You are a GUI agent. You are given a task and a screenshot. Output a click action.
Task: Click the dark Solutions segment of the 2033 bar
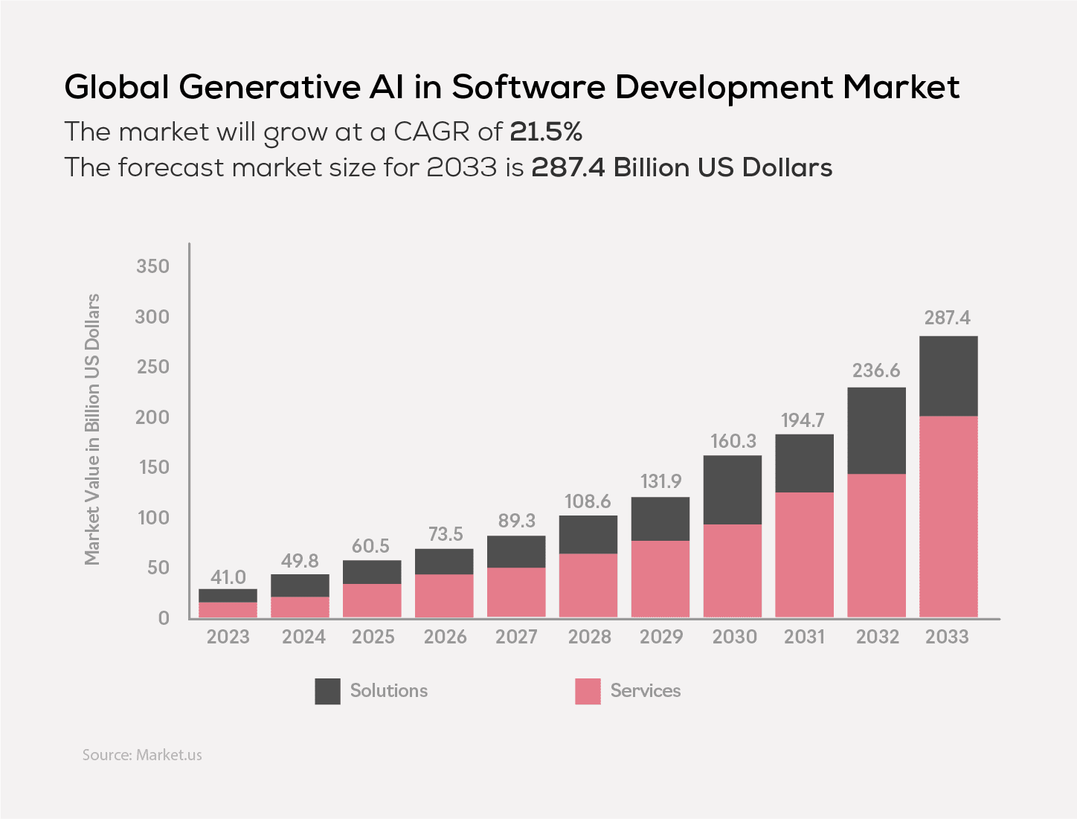pyautogui.click(x=948, y=376)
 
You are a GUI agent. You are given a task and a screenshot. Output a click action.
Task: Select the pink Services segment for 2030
pyautogui.click(x=733, y=571)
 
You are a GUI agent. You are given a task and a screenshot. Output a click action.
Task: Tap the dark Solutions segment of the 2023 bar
pyautogui.click(x=228, y=595)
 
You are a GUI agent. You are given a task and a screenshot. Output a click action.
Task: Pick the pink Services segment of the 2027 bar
pyautogui.click(x=516, y=592)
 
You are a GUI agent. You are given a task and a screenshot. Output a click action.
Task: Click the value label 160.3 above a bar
pyautogui.click(x=733, y=441)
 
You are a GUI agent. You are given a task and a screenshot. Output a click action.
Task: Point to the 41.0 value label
pyautogui.click(x=228, y=577)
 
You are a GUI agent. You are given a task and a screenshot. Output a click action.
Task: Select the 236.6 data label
pyautogui.click(x=876, y=370)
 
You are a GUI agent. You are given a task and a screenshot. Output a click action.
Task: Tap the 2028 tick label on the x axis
pyautogui.click(x=589, y=637)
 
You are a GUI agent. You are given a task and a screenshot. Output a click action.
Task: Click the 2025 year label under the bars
pyautogui.click(x=373, y=637)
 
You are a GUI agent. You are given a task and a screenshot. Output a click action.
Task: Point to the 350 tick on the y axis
pyautogui.click(x=152, y=266)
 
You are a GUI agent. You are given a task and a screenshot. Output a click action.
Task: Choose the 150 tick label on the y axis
pyautogui.click(x=152, y=467)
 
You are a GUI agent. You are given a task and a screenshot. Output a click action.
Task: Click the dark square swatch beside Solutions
pyautogui.click(x=327, y=691)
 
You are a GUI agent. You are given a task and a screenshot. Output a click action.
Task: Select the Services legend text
pyautogui.click(x=645, y=691)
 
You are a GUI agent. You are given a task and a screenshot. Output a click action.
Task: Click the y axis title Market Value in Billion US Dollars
pyautogui.click(x=92, y=429)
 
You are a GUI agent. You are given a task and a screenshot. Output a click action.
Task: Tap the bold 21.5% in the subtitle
pyautogui.click(x=545, y=132)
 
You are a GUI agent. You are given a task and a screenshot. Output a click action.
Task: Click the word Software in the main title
pyautogui.click(x=527, y=87)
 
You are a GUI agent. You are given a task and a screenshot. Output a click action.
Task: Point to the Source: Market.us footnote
pyautogui.click(x=142, y=755)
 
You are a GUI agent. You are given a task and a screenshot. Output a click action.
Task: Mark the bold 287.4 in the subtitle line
pyautogui.click(x=568, y=167)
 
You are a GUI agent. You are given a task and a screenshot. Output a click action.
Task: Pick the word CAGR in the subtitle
pyautogui.click(x=431, y=132)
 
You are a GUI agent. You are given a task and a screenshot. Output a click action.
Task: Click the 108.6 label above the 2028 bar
pyautogui.click(x=588, y=501)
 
